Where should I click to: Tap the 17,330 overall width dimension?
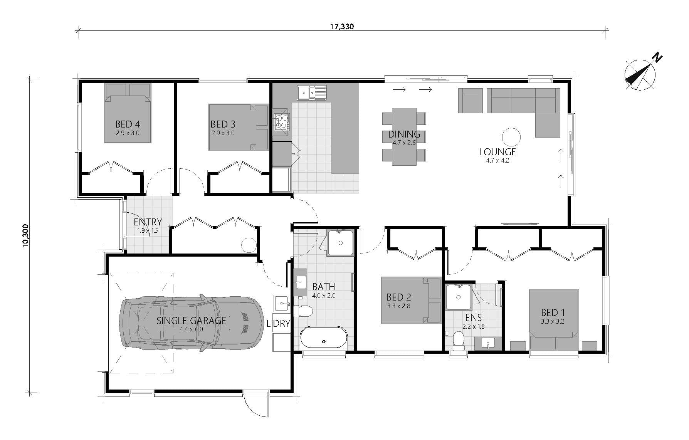[x=342, y=27]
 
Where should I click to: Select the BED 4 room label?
[x=127, y=124]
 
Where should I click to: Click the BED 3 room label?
[x=223, y=124]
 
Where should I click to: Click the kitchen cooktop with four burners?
[x=281, y=122]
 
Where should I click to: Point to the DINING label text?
[x=404, y=134]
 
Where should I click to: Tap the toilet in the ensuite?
[x=459, y=341]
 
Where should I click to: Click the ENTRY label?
[x=148, y=222]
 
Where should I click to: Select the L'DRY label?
[x=278, y=324]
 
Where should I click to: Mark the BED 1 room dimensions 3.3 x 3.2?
[x=553, y=321]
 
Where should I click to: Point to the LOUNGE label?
[x=497, y=152]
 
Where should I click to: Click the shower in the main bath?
[x=340, y=243]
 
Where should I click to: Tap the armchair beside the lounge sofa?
[x=470, y=101]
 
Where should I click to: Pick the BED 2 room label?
[x=398, y=297]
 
